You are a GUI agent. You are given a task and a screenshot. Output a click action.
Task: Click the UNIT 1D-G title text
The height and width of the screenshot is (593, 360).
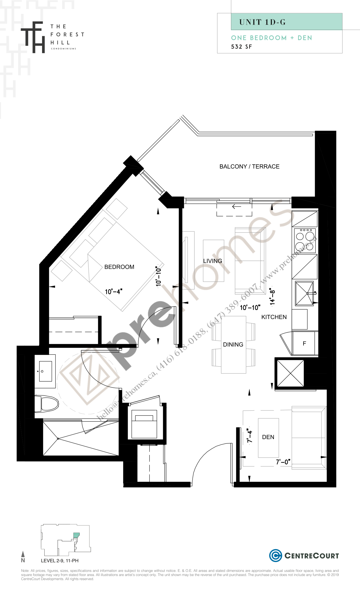point(262,22)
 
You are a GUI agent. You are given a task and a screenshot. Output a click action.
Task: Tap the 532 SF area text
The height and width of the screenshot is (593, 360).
point(241,47)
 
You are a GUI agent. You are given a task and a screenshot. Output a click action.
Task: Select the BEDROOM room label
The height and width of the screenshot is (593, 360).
point(119,267)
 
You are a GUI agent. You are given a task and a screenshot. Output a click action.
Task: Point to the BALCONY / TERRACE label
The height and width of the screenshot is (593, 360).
point(249,167)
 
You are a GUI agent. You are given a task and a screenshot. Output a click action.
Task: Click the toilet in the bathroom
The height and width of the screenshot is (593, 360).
point(47,404)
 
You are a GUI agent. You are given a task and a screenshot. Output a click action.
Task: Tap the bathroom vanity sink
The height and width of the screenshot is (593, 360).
point(43,371)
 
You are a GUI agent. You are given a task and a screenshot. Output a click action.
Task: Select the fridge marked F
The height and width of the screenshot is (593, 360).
point(304,343)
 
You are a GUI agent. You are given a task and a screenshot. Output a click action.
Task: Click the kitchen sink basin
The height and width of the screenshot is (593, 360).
point(304,293)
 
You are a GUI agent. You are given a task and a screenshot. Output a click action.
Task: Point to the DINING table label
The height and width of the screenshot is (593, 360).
point(233,345)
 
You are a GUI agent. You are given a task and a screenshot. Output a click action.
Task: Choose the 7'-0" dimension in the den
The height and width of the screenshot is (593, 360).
point(283,462)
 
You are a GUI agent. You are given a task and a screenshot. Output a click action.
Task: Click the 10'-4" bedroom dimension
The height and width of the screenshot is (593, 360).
point(114,291)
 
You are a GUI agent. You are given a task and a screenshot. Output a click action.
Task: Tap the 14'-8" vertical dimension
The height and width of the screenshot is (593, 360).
point(272,296)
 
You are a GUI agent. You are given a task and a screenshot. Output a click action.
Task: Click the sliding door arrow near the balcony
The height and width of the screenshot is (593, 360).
point(236,207)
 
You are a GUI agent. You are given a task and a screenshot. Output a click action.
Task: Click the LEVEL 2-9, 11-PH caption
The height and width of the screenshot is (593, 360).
point(60,561)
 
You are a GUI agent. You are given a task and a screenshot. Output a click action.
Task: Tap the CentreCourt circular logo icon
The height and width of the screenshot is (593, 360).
point(275,555)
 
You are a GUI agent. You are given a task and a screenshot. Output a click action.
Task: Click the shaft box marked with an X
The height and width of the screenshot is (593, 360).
point(290,373)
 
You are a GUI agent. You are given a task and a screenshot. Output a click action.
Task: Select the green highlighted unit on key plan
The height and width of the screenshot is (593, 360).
point(76,535)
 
